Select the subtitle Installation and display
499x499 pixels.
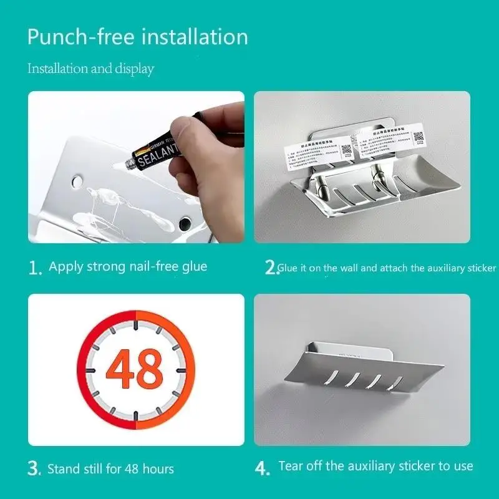click(90, 69)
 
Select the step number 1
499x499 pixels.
click(35, 268)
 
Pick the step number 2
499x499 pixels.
click(269, 268)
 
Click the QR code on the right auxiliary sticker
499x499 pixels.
click(418, 138)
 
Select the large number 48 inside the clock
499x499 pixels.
click(135, 370)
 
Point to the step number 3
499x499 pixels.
click(35, 469)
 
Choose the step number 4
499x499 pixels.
click(263, 468)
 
